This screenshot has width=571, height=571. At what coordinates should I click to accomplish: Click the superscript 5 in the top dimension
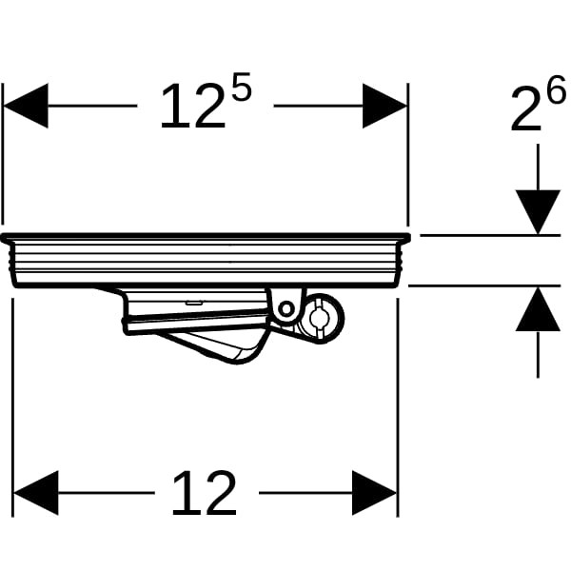click(x=242, y=87)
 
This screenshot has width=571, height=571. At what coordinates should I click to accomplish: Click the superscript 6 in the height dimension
click(x=557, y=89)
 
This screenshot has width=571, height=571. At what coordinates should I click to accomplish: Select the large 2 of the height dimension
click(x=526, y=109)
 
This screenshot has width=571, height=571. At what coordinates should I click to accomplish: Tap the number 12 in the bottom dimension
click(x=204, y=493)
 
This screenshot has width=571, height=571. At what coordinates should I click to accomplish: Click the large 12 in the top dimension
click(x=193, y=106)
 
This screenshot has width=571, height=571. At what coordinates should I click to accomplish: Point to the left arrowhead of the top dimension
click(x=26, y=106)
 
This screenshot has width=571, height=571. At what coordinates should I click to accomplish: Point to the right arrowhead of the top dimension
click(x=384, y=106)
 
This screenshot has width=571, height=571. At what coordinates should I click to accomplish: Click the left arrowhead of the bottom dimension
click(x=36, y=493)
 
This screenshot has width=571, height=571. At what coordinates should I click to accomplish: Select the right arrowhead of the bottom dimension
click(x=375, y=493)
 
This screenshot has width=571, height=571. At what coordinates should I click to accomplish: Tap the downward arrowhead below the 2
click(x=538, y=211)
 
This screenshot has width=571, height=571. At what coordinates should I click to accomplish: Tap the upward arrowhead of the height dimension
click(x=538, y=309)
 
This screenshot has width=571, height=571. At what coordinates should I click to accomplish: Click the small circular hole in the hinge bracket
click(x=286, y=309)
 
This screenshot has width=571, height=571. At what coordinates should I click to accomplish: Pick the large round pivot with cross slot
click(x=321, y=318)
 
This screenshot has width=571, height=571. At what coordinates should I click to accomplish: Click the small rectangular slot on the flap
click(x=195, y=302)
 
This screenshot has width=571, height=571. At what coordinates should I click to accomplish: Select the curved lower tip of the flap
click(x=239, y=362)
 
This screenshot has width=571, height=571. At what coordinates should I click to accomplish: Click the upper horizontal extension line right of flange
click(x=490, y=236)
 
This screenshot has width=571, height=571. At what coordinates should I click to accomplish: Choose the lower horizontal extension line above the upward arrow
click(x=484, y=285)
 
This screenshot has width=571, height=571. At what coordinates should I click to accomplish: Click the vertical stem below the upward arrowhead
click(x=538, y=354)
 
